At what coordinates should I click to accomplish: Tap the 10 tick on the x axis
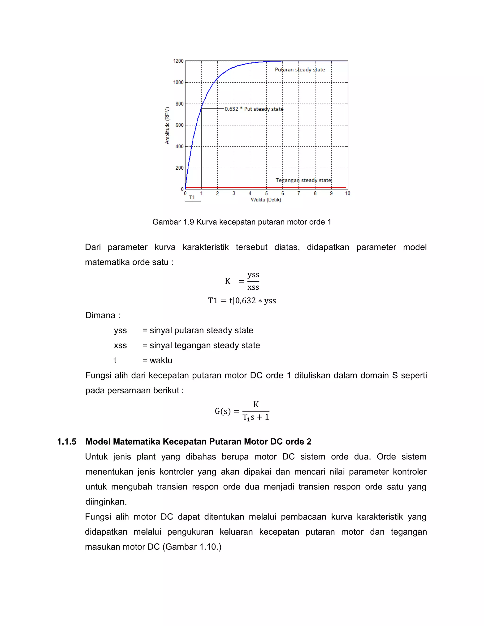pos(347,193)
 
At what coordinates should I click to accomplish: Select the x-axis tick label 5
pos(266,193)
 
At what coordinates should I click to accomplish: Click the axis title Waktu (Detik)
pos(266,200)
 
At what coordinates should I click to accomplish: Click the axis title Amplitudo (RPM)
pos(167,125)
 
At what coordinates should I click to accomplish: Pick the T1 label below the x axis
pos(192,197)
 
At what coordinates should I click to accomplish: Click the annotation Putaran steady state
pos(300,70)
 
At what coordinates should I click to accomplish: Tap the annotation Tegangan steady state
pos(303,180)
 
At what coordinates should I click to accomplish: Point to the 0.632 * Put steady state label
pos(254,109)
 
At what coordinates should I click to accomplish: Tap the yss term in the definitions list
pos(120,330)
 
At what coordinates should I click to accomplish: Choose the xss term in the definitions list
pos(120,345)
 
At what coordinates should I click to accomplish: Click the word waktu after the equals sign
pos(161,360)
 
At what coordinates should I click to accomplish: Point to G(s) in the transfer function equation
pos(222,411)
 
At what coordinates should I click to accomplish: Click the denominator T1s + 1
pos(256,417)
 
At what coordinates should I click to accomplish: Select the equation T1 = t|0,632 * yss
pos(242,301)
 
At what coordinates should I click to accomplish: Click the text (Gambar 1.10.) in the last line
pos(192,547)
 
